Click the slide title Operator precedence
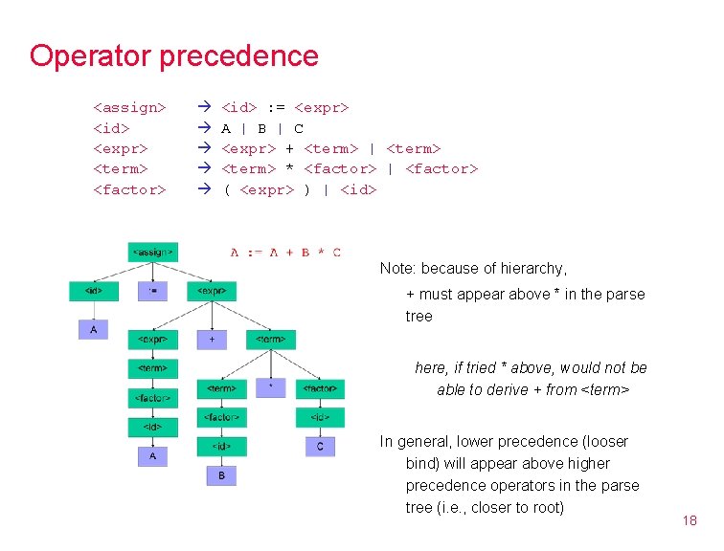173,55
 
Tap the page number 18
690,520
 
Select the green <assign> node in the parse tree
153,253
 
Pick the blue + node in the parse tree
212,339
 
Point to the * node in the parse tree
271,387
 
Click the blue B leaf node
221,475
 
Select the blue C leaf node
320,446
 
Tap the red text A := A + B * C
285,253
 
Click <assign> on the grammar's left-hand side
129,107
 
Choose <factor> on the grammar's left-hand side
129,189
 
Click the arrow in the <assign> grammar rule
203,107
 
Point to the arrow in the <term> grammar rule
203,168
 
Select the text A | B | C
262,128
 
